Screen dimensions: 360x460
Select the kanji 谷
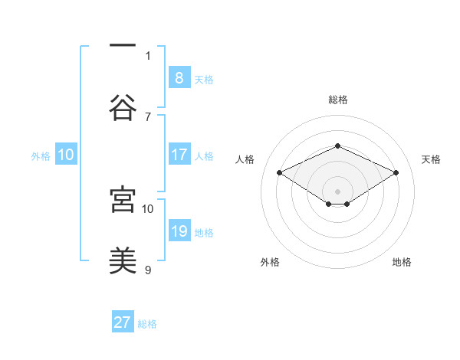click(123, 108)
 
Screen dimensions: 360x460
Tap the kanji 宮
click(123, 199)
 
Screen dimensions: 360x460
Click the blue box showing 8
click(179, 77)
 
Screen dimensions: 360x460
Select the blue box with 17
click(179, 155)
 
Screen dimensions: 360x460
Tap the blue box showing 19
click(179, 231)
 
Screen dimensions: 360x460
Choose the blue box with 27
click(123, 322)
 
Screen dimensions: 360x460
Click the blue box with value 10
click(66, 155)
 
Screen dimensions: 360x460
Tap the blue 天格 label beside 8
click(204, 79)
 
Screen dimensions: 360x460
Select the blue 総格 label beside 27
click(147, 324)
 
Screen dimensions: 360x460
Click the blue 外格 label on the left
click(41, 156)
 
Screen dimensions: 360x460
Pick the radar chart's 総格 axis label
click(337, 100)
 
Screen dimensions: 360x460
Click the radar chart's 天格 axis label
click(431, 159)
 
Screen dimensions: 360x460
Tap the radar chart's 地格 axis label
click(402, 262)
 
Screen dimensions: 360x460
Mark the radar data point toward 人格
click(279, 172)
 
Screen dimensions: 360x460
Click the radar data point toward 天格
click(396, 172)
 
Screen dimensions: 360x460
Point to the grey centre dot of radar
click(337, 191)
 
